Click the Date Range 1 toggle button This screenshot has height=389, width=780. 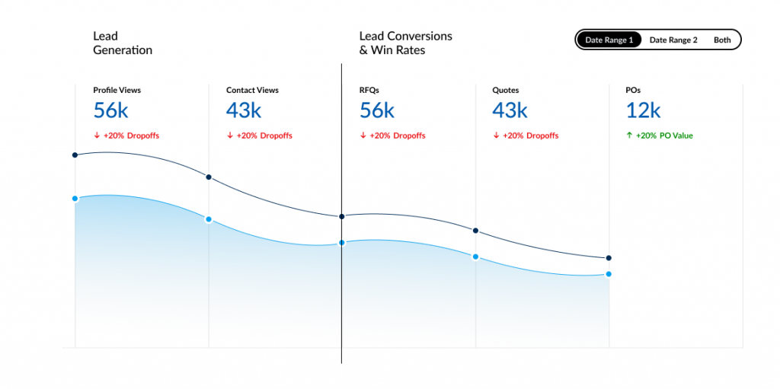[x=609, y=40]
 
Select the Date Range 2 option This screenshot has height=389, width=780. [x=673, y=40]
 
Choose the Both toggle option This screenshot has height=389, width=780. [x=722, y=40]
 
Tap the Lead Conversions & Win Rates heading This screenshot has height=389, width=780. [x=405, y=43]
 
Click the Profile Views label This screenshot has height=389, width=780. [x=117, y=90]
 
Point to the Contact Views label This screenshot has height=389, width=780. [x=252, y=90]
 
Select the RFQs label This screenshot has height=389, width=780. [x=369, y=90]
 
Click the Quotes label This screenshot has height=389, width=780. [x=505, y=90]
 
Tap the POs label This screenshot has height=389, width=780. [x=633, y=90]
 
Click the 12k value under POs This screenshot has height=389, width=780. [x=643, y=110]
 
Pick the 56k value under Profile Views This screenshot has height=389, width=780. [x=110, y=110]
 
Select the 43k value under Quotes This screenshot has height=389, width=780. [x=510, y=110]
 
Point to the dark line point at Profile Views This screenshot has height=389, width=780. [x=75, y=155]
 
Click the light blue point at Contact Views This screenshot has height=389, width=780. [x=209, y=219]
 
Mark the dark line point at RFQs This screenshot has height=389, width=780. [x=341, y=216]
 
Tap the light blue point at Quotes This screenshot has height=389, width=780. [x=475, y=257]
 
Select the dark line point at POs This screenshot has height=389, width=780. [x=609, y=258]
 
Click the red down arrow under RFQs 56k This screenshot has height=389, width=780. [x=363, y=136]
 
